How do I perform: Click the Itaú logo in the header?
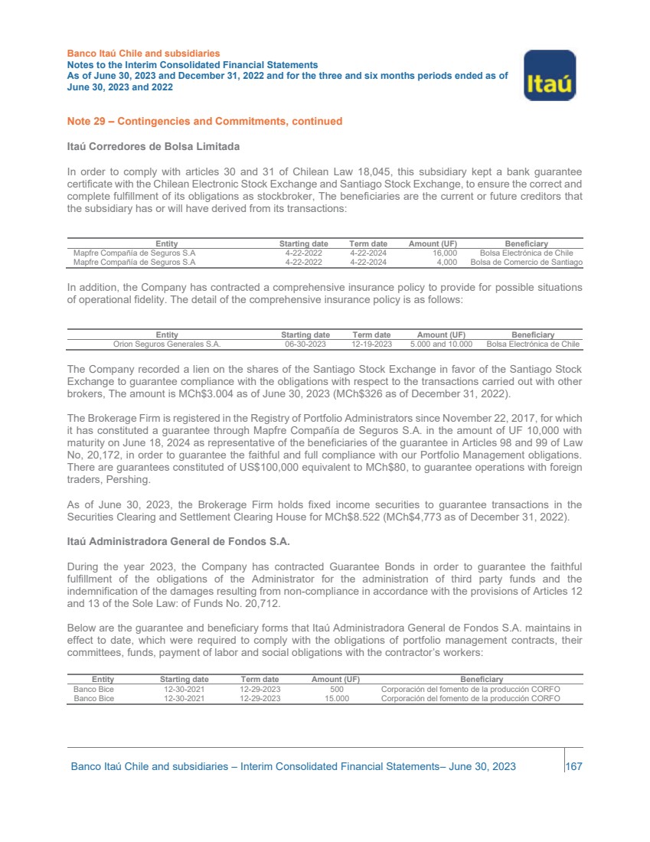click(549, 76)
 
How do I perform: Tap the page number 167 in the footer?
click(574, 766)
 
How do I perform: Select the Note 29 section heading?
click(204, 121)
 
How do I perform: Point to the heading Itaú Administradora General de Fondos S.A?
click(178, 542)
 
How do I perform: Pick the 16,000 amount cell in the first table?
click(445, 253)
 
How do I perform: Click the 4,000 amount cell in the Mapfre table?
click(447, 262)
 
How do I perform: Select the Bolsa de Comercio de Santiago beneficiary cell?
click(527, 262)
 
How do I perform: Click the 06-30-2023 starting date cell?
click(305, 344)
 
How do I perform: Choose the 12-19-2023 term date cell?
click(371, 344)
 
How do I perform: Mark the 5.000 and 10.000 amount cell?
click(441, 344)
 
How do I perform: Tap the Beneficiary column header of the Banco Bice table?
click(481, 679)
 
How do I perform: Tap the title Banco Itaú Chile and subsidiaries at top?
click(144, 54)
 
